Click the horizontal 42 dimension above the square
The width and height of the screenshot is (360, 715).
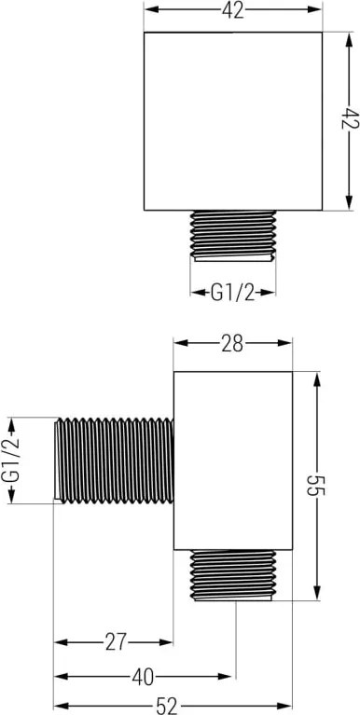click(x=233, y=9)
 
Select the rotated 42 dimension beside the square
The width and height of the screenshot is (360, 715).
click(x=350, y=119)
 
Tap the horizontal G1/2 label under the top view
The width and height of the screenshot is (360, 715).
click(x=232, y=293)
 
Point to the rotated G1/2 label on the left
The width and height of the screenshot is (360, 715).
click(x=11, y=461)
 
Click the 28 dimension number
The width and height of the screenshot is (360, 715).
click(x=232, y=344)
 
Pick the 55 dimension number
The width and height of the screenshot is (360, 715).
click(x=318, y=486)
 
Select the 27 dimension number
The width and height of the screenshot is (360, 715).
click(x=115, y=642)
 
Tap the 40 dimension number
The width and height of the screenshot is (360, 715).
click(x=144, y=676)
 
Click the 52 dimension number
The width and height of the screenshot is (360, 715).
click(x=167, y=707)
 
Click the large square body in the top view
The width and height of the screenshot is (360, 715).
click(x=233, y=121)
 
